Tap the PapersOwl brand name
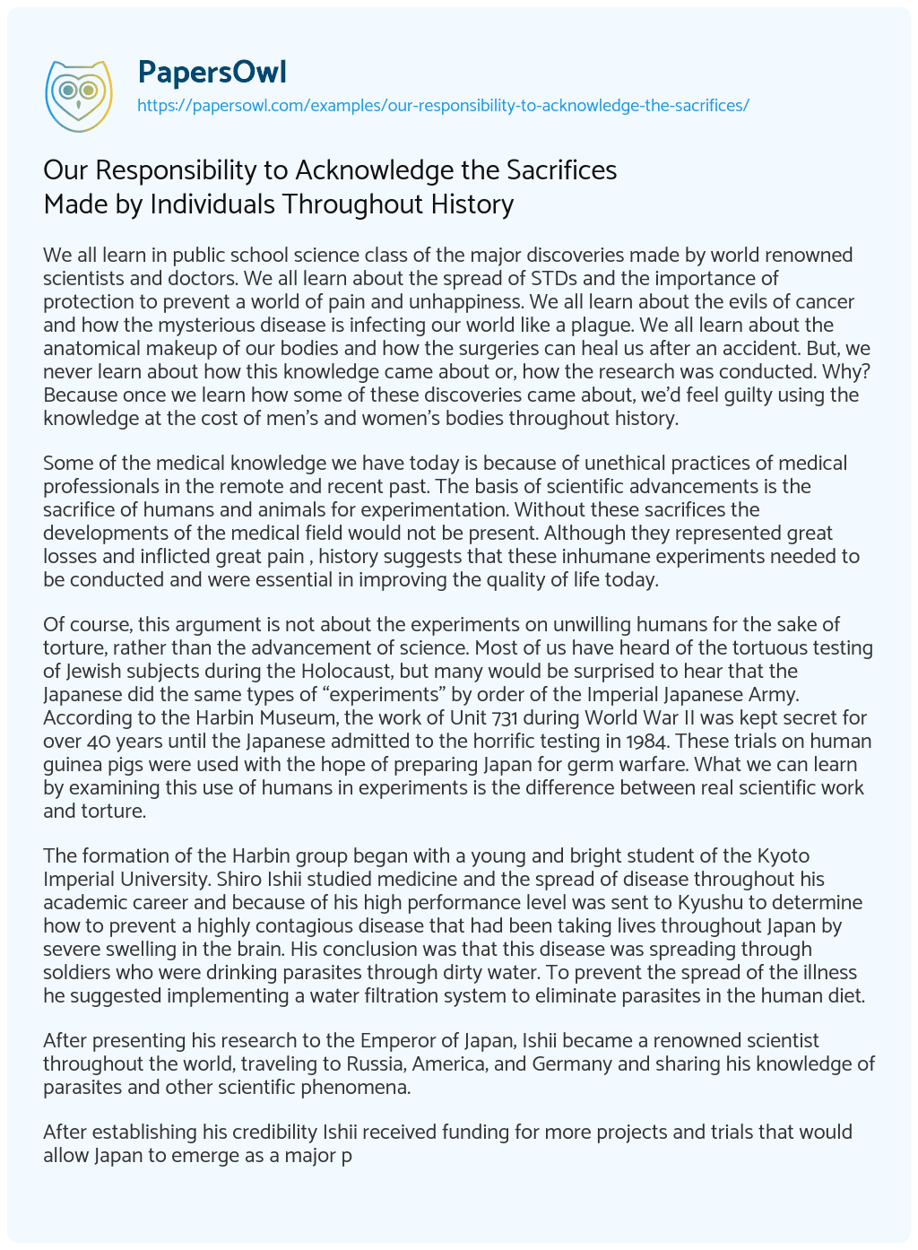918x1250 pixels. pos(212,72)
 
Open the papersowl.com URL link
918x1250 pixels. pos(443,106)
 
